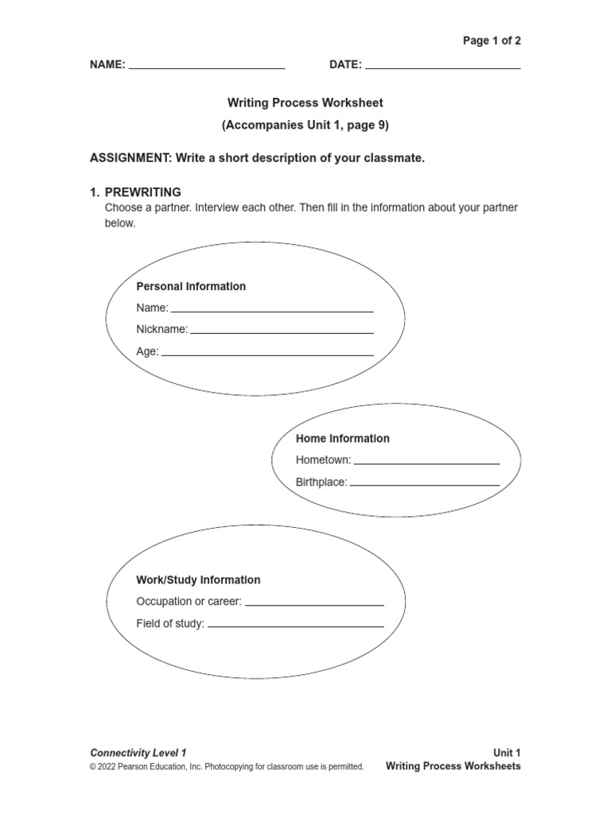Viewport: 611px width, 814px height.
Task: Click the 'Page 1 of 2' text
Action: (492, 41)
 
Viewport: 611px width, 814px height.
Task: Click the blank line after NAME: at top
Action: (207, 68)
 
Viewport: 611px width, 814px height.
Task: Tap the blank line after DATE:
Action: (442, 68)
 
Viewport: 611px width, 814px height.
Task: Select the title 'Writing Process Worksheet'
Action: (305, 103)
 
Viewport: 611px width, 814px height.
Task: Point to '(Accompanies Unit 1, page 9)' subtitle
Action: (305, 125)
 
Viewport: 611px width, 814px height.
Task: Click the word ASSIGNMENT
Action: (130, 158)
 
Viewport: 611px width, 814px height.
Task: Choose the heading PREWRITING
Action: (143, 192)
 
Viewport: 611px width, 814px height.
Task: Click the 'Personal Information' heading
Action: (191, 286)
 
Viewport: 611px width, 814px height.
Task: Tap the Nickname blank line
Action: (282, 331)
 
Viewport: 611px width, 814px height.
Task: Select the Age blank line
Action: (267, 353)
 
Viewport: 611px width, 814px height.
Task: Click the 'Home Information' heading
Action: (343, 438)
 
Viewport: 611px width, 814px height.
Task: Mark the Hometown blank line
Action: (427, 462)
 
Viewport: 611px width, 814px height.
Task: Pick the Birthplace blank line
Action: (425, 483)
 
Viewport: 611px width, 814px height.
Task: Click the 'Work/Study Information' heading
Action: (198, 579)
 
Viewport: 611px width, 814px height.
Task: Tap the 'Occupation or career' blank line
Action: (314, 604)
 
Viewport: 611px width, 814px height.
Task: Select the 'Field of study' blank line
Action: (295, 626)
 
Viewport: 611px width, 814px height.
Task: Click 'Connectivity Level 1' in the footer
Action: (138, 752)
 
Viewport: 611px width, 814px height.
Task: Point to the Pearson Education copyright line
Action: (227, 767)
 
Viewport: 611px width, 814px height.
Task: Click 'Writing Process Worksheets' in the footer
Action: (453, 766)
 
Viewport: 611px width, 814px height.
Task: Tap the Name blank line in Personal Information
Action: (272, 310)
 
